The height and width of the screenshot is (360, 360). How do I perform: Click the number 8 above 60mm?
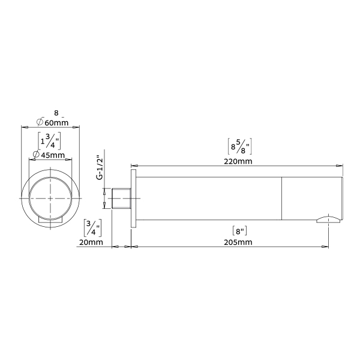[x=56, y=112]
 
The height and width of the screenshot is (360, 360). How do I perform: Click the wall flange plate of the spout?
[x=134, y=198]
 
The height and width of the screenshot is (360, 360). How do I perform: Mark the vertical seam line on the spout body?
[x=282, y=198]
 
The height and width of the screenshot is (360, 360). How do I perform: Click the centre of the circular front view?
[x=51, y=199]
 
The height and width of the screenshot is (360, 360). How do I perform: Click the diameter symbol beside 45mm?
[x=36, y=155]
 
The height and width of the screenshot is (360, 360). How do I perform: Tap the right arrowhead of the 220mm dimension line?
[x=341, y=166]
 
